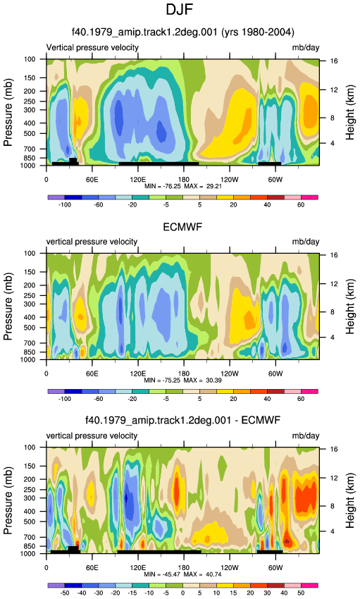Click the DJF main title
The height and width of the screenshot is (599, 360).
(x=180, y=10)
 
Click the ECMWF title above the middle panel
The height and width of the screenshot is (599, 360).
(x=182, y=227)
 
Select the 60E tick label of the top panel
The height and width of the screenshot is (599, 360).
(x=92, y=180)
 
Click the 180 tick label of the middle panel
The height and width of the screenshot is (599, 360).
(x=184, y=373)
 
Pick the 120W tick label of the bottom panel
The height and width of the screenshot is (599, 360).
(x=230, y=568)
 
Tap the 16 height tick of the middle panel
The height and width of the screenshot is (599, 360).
(x=334, y=255)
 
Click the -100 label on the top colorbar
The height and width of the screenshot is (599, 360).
(x=65, y=205)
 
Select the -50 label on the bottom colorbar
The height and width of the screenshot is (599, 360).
(x=65, y=593)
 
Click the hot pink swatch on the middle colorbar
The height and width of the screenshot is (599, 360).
(x=309, y=392)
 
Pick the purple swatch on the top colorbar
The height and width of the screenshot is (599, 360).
(x=56, y=197)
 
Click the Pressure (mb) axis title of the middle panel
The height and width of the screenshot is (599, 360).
(x=8, y=307)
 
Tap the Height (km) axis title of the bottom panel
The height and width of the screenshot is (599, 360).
(x=350, y=500)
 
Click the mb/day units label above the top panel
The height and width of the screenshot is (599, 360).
(x=306, y=48)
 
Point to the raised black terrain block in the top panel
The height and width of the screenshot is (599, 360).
(x=73, y=161)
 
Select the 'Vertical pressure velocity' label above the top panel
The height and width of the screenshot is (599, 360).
(x=92, y=47)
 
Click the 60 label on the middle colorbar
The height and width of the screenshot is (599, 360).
(x=301, y=399)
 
